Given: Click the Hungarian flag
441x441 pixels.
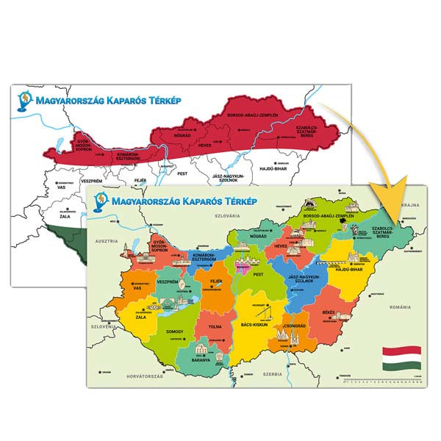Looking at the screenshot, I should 401,358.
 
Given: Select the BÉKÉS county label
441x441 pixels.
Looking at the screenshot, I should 329,312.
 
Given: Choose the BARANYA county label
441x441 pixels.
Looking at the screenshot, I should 198,360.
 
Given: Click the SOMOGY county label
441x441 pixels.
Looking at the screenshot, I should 175,331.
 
